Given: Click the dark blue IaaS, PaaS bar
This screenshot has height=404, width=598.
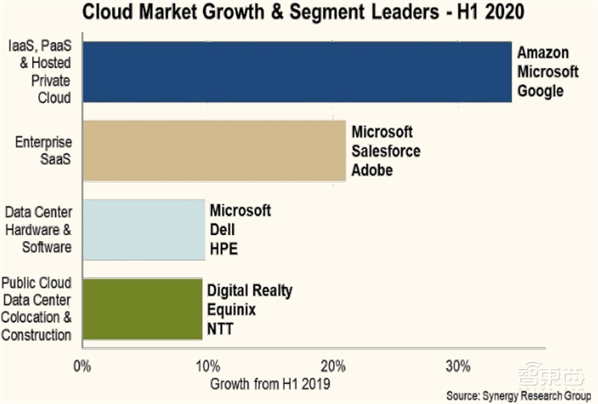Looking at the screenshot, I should pos(297,71).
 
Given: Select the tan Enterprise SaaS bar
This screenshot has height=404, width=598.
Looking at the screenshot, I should pos(214,150).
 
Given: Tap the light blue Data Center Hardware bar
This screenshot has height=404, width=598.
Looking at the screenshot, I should pos(144,229).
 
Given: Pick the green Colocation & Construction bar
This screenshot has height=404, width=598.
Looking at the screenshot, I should pos(142,308).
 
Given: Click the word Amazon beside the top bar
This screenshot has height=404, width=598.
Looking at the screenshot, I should pos(542,53).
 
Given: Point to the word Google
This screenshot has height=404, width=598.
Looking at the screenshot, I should pos(539,91).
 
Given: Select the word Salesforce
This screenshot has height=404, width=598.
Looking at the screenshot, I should pos(386,152).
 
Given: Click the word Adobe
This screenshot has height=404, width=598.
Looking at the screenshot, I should pos(372,171).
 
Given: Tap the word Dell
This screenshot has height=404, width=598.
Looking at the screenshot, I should pos(223,230).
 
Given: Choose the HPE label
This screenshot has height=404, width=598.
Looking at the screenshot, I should pos(224,249).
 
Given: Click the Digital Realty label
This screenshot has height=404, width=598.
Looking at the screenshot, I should pos(250,290).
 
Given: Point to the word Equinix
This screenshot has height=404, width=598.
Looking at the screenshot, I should pos(232,309).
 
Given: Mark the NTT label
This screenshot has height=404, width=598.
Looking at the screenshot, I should pos(221,329).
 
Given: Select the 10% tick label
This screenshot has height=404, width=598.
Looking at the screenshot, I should pos(207,366).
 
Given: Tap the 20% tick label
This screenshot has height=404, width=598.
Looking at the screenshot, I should pos(333,366).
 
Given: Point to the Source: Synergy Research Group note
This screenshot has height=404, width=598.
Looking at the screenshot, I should pos(518,394).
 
